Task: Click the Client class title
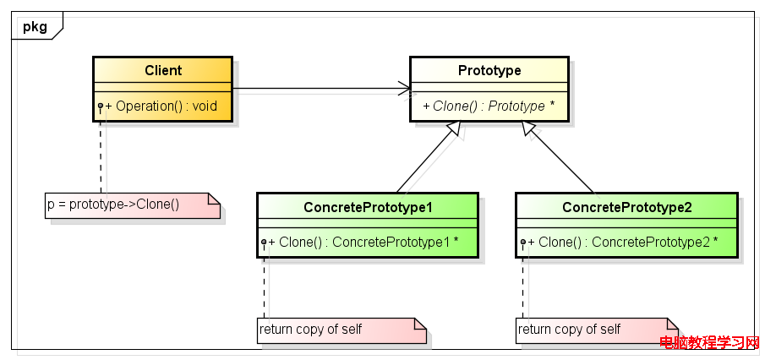tap(163, 71)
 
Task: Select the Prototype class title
tap(489, 71)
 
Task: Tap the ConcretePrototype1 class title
tap(368, 207)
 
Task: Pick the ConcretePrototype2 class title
tap(627, 207)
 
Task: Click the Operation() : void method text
tap(161, 106)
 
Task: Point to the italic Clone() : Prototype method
tap(489, 106)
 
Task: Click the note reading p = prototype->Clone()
tap(133, 205)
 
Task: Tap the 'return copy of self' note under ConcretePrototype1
tap(342, 330)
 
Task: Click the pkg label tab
tap(37, 26)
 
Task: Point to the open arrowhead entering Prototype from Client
tap(405, 88)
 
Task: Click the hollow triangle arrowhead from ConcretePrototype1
tap(454, 128)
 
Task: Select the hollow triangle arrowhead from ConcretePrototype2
tap(529, 128)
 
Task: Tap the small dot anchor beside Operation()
tap(101, 106)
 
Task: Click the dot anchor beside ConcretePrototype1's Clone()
tap(264, 242)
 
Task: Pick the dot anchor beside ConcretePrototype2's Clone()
tap(523, 242)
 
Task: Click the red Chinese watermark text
tap(710, 342)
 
